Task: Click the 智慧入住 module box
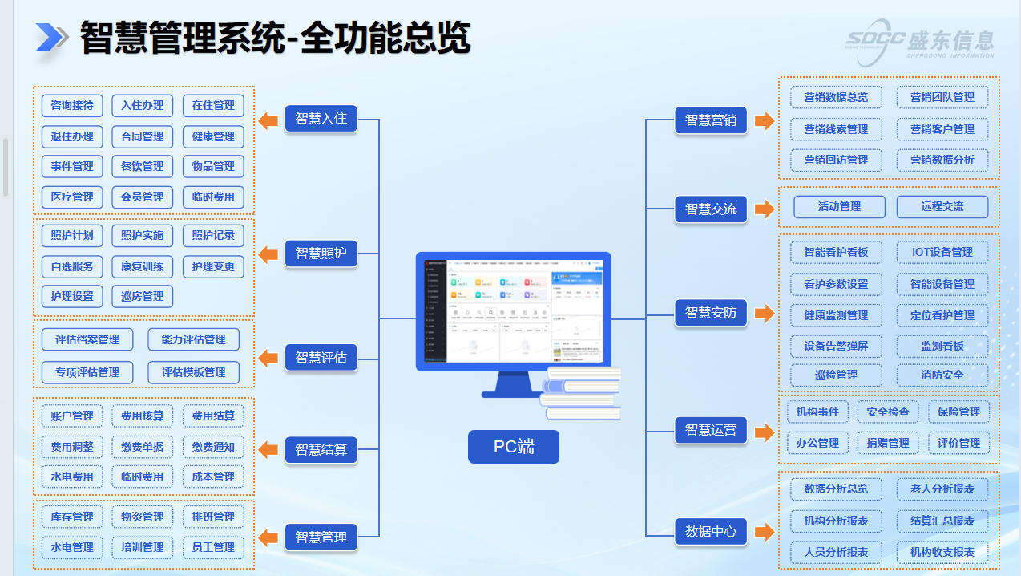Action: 321,119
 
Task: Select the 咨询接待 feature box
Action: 72,105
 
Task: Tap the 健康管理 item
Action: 213,136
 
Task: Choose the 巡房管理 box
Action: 143,296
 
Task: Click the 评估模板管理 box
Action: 193,372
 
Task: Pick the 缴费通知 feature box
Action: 213,447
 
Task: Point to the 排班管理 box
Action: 213,517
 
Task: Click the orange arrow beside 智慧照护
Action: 268,254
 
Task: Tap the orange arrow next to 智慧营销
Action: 765,121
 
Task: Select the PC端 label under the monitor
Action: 513,447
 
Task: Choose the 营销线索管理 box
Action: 836,129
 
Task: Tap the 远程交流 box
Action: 942,206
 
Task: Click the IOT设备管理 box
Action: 942,252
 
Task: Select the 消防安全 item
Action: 942,375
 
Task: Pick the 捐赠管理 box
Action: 887,443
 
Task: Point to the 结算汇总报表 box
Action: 942,521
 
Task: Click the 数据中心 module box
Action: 710,532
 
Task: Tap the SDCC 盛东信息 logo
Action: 920,40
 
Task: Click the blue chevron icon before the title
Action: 52,38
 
